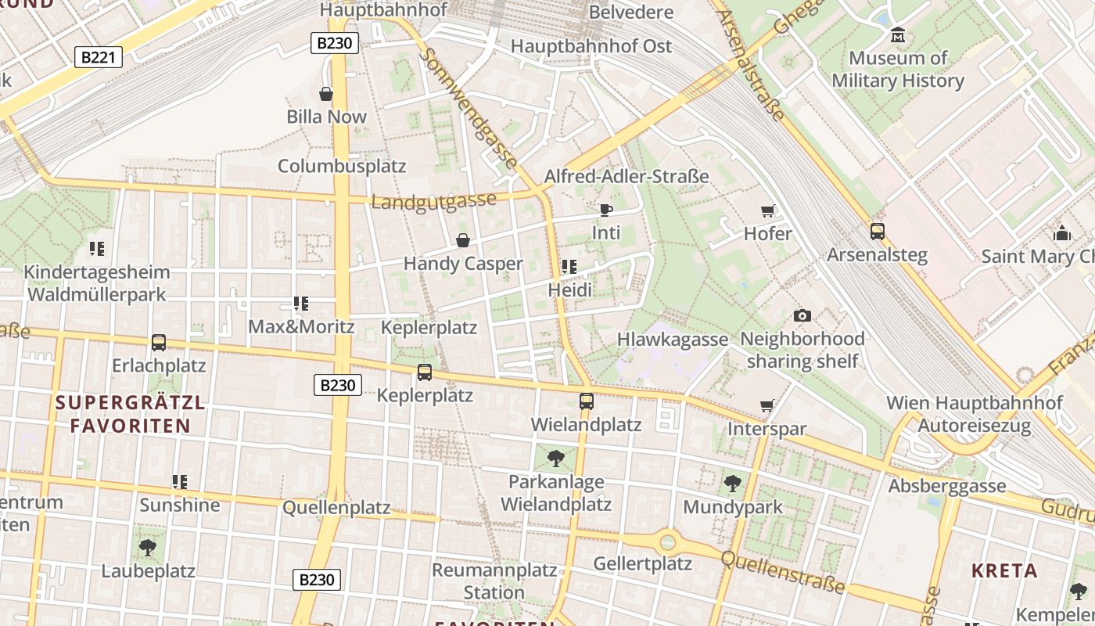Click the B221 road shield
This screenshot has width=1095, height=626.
click(99, 56)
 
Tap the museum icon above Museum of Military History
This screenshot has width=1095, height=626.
click(898, 35)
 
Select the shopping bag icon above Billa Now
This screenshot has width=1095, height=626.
click(326, 94)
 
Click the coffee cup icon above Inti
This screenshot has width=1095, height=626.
click(605, 210)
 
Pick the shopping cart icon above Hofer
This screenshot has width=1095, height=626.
click(767, 210)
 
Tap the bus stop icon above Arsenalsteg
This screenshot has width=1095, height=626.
click(877, 232)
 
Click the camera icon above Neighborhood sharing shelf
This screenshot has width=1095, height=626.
click(802, 316)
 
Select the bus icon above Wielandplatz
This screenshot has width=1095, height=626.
click(586, 401)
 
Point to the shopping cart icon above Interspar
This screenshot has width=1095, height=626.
click(766, 406)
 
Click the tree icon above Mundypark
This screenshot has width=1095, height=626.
click(732, 484)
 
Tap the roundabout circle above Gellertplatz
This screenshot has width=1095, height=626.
click(667, 541)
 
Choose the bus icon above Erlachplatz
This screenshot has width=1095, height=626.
click(159, 343)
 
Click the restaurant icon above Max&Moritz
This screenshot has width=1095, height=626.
click(300, 304)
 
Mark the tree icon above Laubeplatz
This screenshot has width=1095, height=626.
click(147, 548)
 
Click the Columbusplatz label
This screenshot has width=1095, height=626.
click(342, 166)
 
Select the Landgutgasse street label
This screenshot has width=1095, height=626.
click(433, 201)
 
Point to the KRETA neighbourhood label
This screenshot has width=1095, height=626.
click(1004, 570)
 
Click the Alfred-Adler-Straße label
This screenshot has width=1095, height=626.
click(626, 176)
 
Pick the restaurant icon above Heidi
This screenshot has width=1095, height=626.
click(569, 267)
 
